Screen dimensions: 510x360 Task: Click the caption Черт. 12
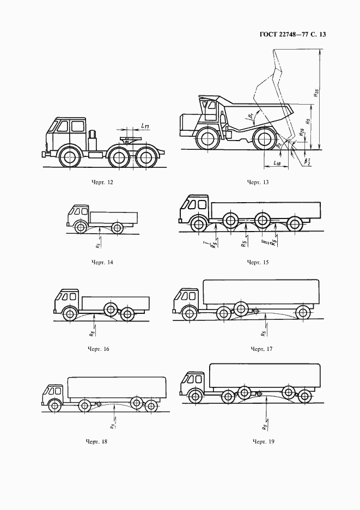[103, 181]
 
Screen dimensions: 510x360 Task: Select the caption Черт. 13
[258, 181]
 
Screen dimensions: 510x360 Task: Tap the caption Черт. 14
[103, 262]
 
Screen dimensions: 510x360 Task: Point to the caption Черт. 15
[258, 262]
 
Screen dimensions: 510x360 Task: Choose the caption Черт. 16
[99, 348]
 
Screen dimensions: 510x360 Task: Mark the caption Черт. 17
[261, 348]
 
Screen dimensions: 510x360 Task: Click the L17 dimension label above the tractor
[145, 126]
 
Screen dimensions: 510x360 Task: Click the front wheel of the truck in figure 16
[70, 314]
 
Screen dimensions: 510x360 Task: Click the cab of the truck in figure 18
[55, 393]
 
